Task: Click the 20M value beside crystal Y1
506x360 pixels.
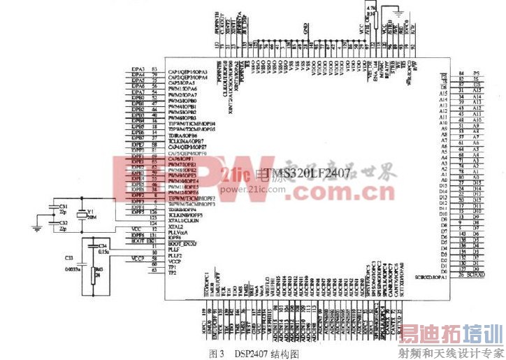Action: coord(90,217)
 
